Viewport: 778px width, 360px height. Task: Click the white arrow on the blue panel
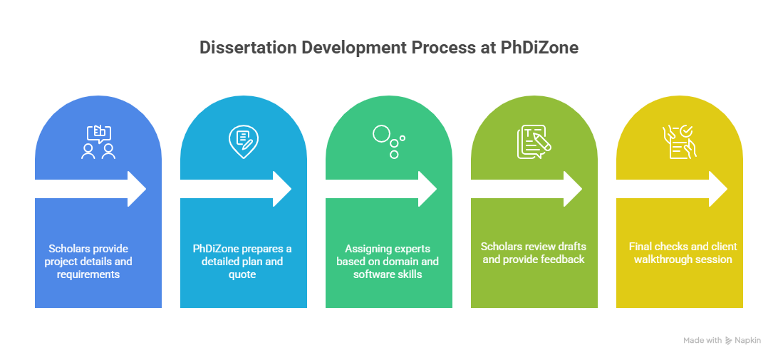pos(90,189)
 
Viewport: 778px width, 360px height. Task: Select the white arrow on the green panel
pos(381,189)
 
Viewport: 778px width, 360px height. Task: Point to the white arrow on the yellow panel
pos(672,189)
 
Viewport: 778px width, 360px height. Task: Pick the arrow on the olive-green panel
pos(527,189)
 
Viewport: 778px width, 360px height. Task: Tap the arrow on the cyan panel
pos(236,189)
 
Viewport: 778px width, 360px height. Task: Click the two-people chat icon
pos(98,142)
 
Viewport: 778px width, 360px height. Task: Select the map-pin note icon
pos(244,142)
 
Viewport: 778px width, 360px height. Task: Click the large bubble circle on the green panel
pos(381,133)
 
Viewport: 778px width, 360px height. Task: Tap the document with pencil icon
pos(534,142)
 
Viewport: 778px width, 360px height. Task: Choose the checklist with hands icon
pos(679,142)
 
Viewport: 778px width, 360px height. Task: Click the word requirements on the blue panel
pos(88,274)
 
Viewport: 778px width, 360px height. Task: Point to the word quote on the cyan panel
pos(243,274)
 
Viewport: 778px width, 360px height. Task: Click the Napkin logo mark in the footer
pos(729,341)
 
